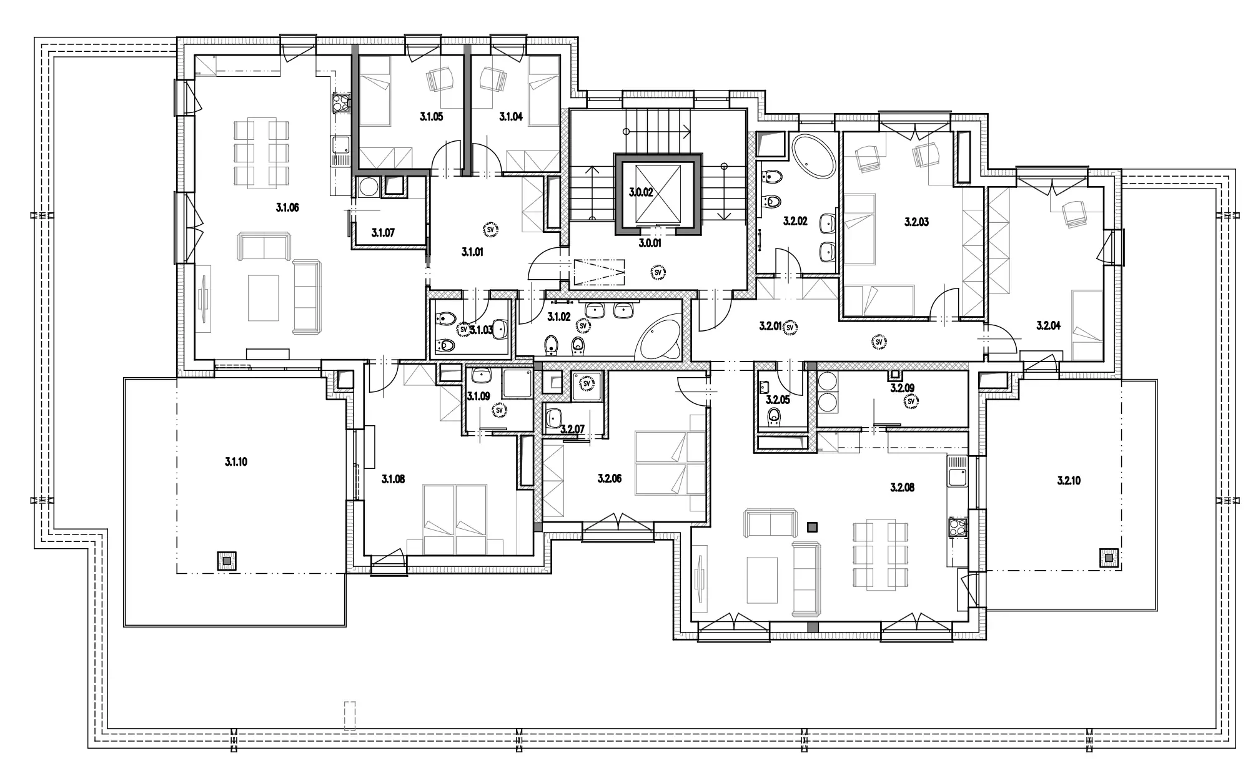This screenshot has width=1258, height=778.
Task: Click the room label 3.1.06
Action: [x=287, y=208]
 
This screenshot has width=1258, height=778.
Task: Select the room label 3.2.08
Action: [x=902, y=488]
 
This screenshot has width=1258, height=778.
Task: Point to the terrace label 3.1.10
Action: [x=236, y=462]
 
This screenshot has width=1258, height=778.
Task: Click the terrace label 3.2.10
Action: [x=1069, y=481]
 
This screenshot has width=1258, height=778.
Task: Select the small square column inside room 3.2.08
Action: [x=812, y=527]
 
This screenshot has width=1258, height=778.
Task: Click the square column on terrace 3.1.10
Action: [x=226, y=561]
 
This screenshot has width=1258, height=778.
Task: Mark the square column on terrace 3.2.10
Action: [x=1109, y=558]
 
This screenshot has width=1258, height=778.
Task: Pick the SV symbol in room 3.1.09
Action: [x=499, y=410]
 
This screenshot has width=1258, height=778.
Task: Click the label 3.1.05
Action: [x=431, y=116]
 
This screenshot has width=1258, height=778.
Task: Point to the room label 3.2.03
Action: [x=916, y=222]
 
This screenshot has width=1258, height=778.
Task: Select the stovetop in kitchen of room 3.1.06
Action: [x=341, y=102]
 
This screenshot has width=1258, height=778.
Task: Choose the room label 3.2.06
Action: [x=610, y=479]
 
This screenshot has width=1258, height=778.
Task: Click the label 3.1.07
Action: [x=383, y=233]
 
